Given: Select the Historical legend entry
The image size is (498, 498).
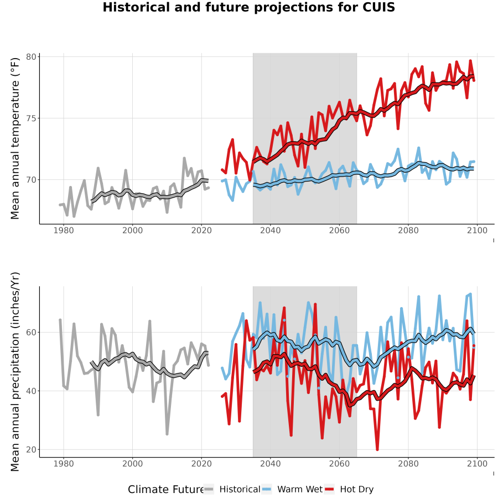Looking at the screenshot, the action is pos(232,489).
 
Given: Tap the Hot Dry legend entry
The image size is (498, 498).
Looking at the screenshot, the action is pos(349,489).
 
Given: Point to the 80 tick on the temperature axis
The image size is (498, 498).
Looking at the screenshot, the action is pos(31,57).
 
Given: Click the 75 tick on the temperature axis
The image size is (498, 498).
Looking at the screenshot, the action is pos(31,118).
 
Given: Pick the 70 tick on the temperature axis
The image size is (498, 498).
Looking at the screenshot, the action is pos(31,180).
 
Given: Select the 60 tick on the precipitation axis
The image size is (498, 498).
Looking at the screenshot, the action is pos(31,332).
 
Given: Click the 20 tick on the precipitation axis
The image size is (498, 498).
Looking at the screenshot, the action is pos(31,450).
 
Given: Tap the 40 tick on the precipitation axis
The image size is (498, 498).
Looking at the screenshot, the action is pos(31,391).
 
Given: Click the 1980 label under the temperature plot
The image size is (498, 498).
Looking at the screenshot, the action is pos(64,230).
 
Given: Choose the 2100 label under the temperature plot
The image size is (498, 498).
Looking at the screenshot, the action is pos(477,230).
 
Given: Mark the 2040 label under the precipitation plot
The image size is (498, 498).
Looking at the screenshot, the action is pos(270,464).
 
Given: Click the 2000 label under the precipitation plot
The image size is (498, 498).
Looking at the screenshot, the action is pos(132,464).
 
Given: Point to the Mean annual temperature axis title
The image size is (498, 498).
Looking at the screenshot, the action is pos(15,138).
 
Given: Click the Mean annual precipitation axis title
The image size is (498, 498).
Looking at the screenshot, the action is pos(15,372).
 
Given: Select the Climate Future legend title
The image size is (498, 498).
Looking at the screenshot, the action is pos(166,489).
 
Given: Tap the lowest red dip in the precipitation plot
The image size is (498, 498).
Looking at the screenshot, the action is pos(377,449).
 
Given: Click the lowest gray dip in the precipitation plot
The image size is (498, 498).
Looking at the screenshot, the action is pos(167,434).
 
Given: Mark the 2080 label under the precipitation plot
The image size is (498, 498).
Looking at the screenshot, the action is pos(408,464).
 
